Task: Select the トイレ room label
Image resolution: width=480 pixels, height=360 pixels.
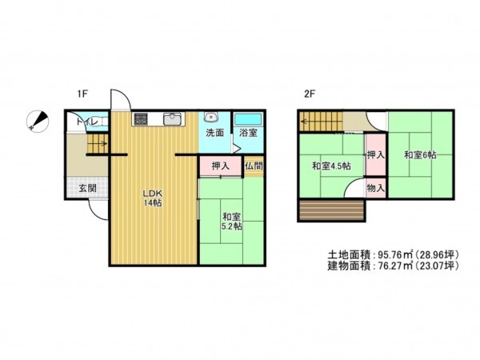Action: (87, 122)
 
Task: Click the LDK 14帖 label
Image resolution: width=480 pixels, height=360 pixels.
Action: (153, 198)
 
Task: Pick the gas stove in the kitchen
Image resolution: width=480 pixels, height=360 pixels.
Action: (142, 119)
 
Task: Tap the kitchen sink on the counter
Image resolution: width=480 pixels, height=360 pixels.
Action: (172, 119)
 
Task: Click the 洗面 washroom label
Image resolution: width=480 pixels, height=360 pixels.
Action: (214, 133)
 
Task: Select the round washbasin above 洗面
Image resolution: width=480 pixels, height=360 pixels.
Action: (211, 117)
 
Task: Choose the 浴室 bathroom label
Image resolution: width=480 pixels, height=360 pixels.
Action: (246, 133)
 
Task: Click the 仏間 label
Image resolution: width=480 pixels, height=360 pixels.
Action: (254, 166)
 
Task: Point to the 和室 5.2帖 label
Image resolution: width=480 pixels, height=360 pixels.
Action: (232, 221)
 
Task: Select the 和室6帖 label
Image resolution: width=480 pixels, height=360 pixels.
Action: (419, 154)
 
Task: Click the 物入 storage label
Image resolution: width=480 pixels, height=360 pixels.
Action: (375, 188)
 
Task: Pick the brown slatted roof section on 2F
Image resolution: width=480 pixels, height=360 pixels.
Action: (331, 210)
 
